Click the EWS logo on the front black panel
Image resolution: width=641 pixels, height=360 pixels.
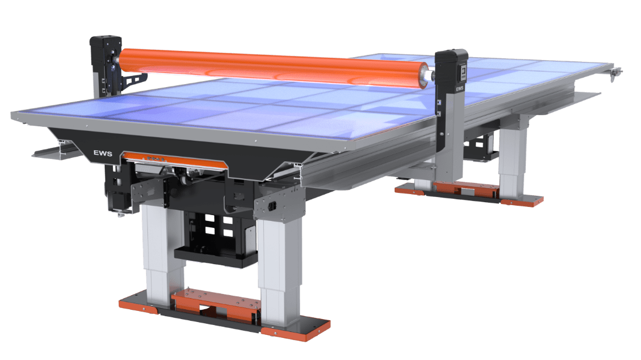[x=102, y=153]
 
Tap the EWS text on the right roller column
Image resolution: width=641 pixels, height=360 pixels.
[x=460, y=89]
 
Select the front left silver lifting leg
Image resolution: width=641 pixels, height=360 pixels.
[x=156, y=251]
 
